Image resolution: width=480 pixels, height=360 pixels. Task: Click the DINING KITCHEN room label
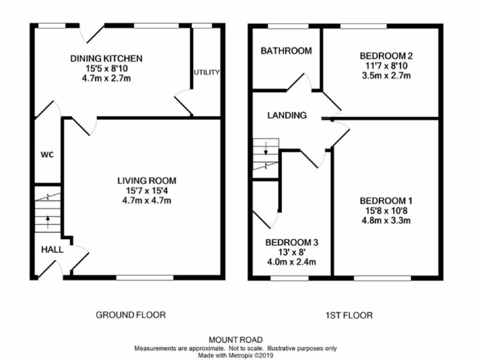106,59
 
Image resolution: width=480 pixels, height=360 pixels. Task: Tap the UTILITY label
207,73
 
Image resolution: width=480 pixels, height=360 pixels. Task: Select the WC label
47,155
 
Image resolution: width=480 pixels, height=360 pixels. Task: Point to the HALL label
52,250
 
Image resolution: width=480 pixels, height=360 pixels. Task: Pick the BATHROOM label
286,51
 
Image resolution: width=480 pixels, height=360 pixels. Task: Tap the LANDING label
287,115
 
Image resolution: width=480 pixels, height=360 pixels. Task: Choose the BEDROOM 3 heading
292,242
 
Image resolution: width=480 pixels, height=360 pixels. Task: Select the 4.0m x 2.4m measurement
292,262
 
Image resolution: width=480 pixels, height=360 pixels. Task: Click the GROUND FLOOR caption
131,315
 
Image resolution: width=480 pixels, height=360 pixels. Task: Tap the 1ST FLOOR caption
349,315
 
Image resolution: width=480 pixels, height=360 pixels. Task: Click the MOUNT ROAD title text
236,340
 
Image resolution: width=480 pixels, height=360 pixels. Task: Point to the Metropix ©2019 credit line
236,355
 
